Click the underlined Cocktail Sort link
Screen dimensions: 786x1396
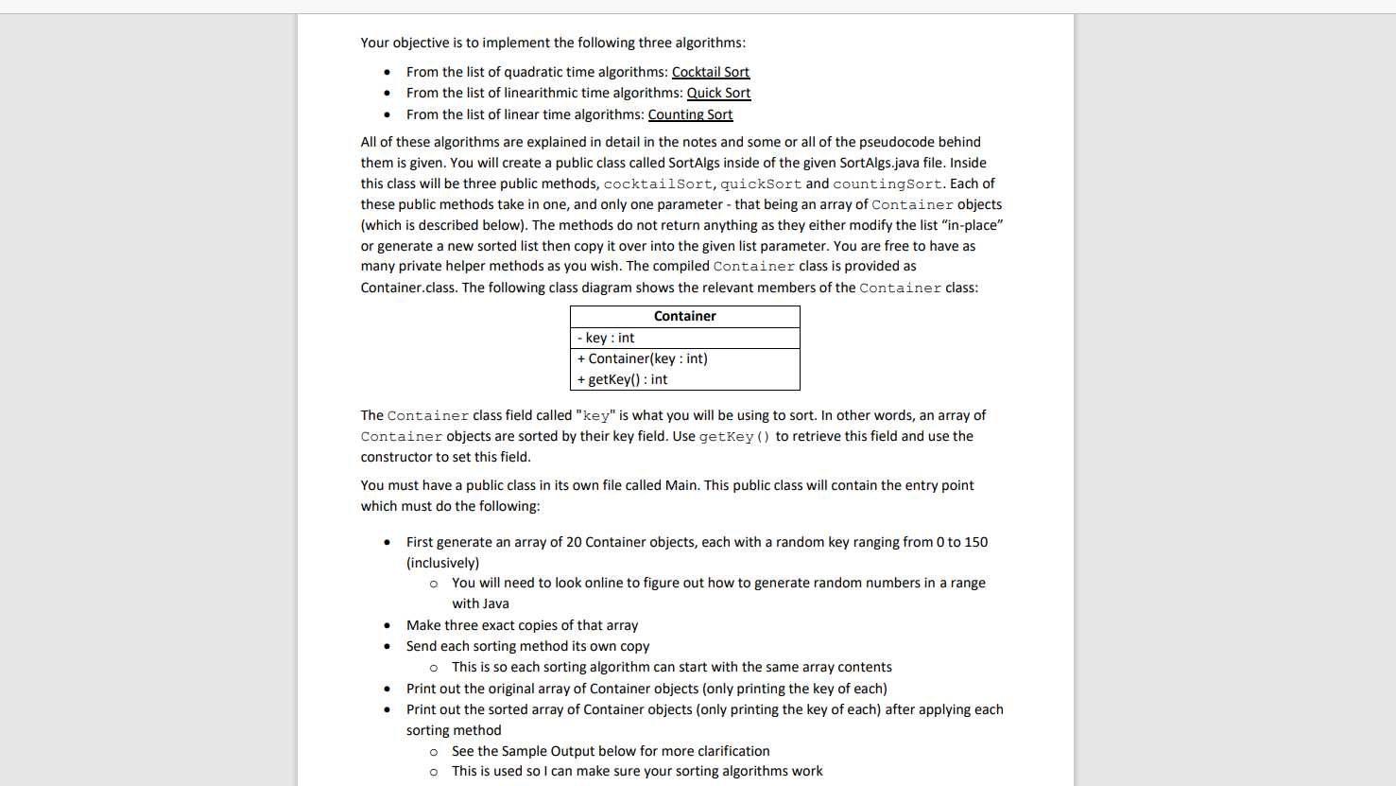click(710, 72)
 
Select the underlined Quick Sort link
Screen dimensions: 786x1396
click(718, 93)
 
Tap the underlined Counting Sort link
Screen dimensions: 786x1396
click(690, 114)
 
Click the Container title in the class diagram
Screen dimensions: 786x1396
click(684, 316)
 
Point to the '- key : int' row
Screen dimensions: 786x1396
click(607, 338)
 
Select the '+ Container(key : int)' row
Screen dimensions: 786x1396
click(643, 358)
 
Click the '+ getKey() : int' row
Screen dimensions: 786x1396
click(623, 379)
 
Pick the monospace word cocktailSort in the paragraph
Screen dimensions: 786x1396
click(657, 184)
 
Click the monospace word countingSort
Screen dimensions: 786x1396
click(887, 184)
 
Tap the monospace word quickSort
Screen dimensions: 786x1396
click(760, 184)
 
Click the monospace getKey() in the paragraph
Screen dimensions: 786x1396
click(734, 437)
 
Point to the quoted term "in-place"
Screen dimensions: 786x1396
click(971, 225)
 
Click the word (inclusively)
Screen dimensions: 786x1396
click(442, 563)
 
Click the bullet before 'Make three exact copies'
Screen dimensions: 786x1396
click(388, 625)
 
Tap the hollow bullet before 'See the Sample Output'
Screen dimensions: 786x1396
click(434, 752)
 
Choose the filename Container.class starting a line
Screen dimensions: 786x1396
click(407, 288)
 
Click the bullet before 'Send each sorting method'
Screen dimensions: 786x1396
click(388, 646)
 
